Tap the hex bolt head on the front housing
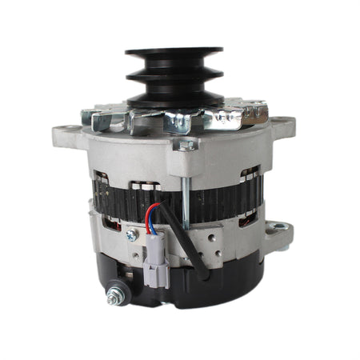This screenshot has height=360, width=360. click(x=186, y=145)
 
